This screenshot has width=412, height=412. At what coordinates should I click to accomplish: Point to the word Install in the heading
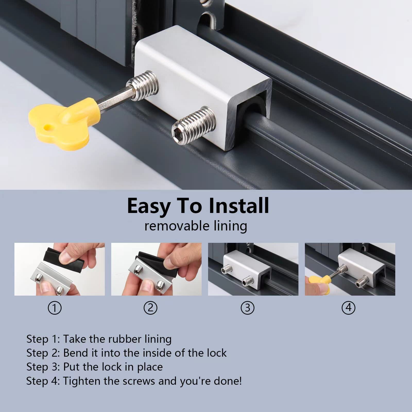(239, 206)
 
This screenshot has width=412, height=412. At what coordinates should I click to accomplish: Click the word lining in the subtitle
(230, 226)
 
